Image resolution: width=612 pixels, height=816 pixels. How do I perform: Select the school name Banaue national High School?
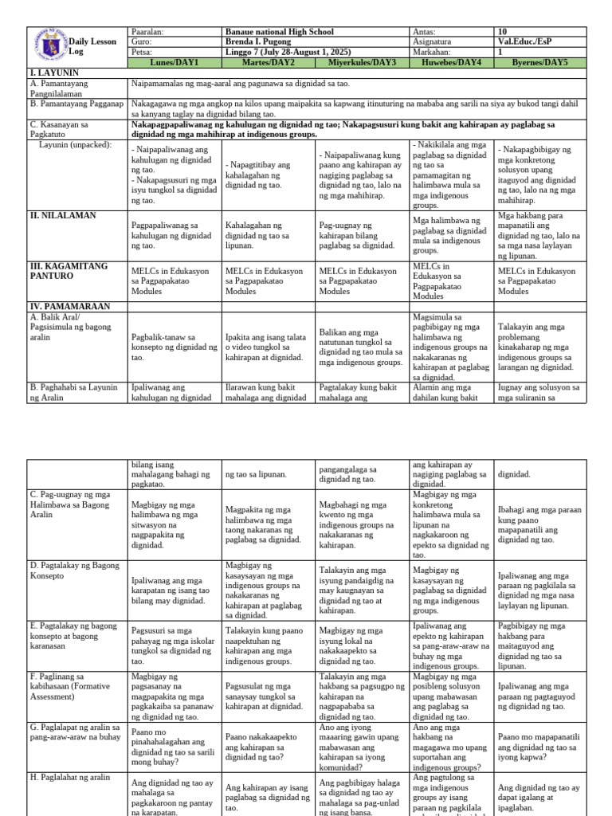[278, 32]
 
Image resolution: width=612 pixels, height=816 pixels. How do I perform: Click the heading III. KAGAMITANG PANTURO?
[71, 270]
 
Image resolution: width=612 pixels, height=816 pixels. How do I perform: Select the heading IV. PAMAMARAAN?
[69, 306]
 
